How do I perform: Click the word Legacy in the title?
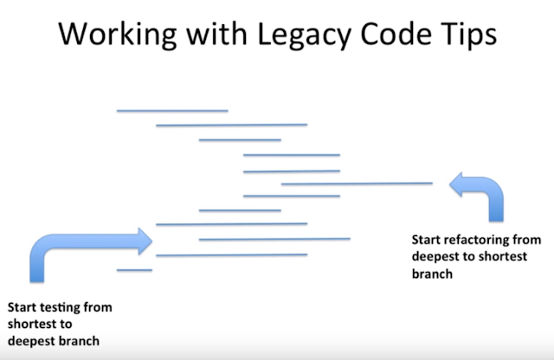[x=304, y=35]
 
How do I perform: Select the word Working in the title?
[x=118, y=35]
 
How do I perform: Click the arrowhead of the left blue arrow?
[x=145, y=241]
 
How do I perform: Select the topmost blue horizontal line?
[x=172, y=111]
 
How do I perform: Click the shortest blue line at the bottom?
[x=135, y=270]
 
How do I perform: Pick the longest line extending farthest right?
[x=357, y=183]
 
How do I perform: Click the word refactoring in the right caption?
[x=476, y=240]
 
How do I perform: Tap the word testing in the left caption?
[x=60, y=307]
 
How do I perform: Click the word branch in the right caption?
[x=432, y=273]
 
